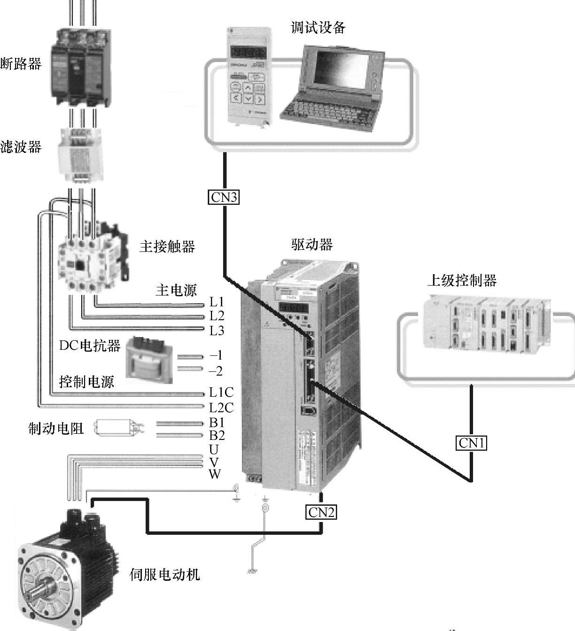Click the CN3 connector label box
pyautogui.click(x=224, y=197)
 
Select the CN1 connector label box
pyautogui.click(x=472, y=443)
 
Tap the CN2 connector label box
pyautogui.click(x=321, y=512)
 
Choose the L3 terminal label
pyautogui.click(x=217, y=331)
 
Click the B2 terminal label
pyautogui.click(x=217, y=435)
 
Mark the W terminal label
pyautogui.click(x=215, y=474)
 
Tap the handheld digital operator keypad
pyautogui.click(x=247, y=77)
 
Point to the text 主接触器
pyautogui.click(x=167, y=246)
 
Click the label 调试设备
pyautogui.click(x=318, y=28)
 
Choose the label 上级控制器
pyautogui.click(x=462, y=281)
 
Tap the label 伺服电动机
pyautogui.click(x=165, y=574)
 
